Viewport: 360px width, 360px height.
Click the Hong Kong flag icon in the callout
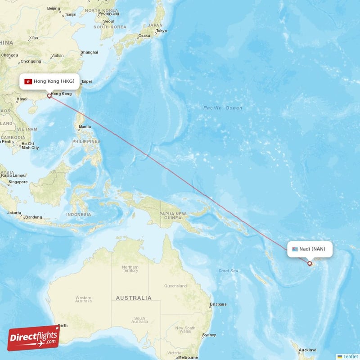click(x=28, y=81)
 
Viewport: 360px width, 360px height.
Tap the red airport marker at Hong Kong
click(x=49, y=95)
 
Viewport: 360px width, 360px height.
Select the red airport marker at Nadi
click(x=310, y=263)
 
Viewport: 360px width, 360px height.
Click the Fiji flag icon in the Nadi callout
click(x=295, y=249)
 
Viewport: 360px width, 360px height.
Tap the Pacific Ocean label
click(x=222, y=108)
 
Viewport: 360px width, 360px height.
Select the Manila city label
click(x=85, y=127)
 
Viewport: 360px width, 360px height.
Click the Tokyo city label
click(x=162, y=31)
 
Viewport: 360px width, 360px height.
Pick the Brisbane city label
click(x=220, y=304)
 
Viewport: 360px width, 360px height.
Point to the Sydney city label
click(x=209, y=335)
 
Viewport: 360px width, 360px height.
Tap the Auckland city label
click(x=307, y=350)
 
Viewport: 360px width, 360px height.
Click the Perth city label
click(x=62, y=325)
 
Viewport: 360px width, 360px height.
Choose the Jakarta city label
click(x=14, y=212)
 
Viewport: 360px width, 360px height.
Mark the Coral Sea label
click(x=228, y=271)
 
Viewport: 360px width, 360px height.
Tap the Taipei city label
click(x=86, y=81)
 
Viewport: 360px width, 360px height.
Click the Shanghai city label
click(x=89, y=52)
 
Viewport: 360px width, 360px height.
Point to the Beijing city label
click(x=54, y=8)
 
